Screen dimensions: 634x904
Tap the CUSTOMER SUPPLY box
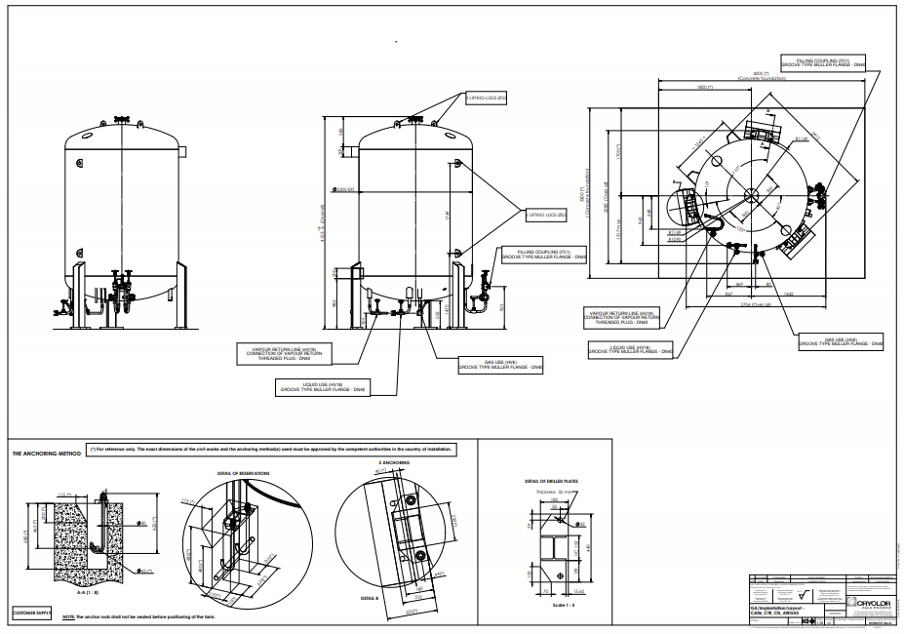pos(29,614)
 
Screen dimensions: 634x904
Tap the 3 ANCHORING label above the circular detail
pos(393,462)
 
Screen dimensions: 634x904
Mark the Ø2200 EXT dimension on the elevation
pos(343,190)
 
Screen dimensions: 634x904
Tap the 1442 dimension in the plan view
pos(788,293)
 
